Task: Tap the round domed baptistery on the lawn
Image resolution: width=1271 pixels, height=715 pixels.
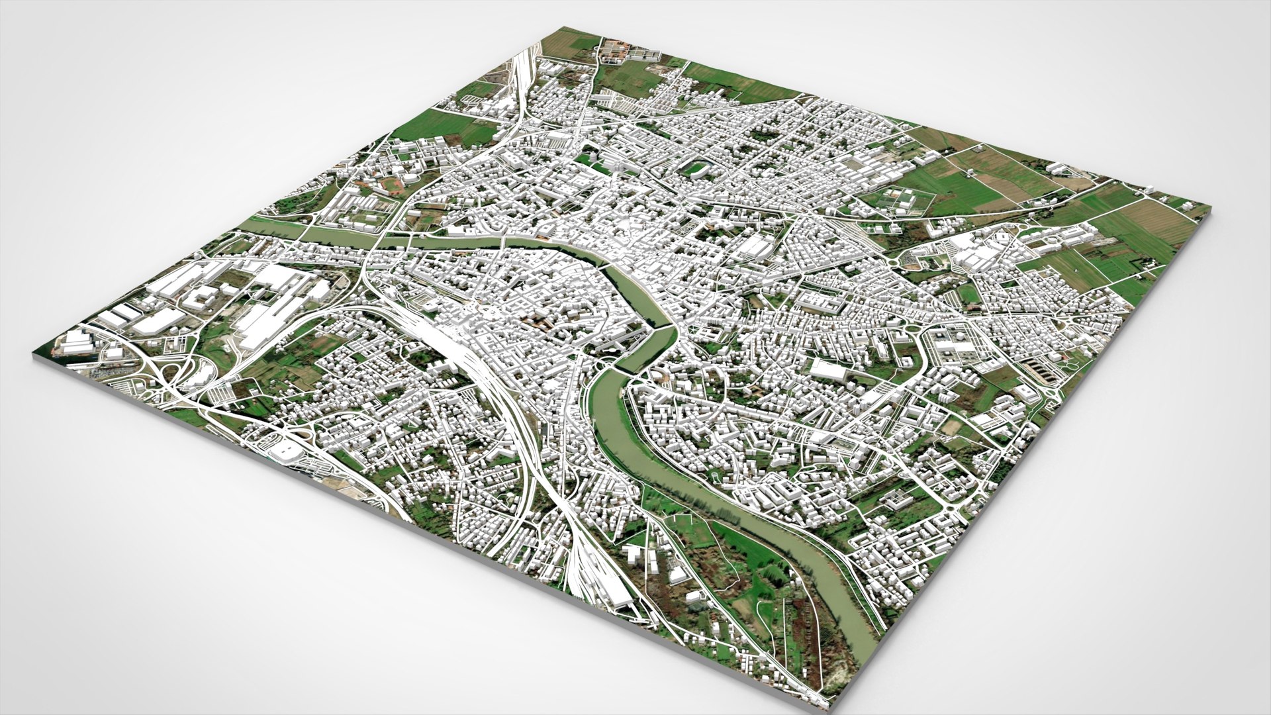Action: (616, 164)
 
